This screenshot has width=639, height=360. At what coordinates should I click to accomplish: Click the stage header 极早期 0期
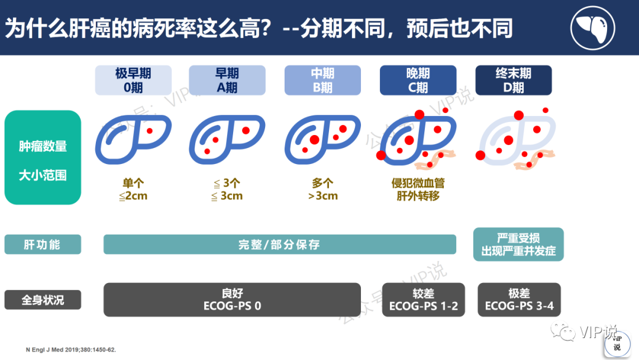click(133, 81)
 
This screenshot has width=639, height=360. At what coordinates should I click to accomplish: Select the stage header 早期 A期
click(227, 81)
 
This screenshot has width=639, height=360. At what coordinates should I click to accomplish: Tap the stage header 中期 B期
click(322, 81)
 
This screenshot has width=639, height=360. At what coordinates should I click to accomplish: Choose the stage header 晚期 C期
click(418, 81)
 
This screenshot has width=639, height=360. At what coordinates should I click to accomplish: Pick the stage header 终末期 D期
click(513, 81)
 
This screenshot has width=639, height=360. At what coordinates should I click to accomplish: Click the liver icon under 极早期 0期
click(133, 139)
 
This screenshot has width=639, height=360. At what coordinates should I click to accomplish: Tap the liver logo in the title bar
click(592, 27)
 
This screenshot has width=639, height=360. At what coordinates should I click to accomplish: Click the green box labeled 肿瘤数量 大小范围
click(43, 157)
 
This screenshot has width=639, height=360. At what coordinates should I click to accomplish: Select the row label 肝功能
click(43, 245)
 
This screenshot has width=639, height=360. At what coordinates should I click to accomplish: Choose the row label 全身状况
click(43, 300)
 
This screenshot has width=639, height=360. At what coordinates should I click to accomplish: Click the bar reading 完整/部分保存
click(279, 245)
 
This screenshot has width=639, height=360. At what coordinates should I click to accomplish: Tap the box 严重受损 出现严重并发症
click(518, 245)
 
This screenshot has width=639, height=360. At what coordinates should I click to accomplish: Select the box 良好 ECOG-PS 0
click(232, 300)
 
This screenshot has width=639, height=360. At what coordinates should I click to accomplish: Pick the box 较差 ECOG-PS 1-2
click(423, 300)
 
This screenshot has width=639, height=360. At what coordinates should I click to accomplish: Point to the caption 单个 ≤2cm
click(133, 189)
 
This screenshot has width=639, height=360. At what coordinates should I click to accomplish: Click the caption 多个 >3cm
click(323, 189)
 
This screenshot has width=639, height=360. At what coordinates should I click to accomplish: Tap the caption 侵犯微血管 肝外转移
click(418, 189)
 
